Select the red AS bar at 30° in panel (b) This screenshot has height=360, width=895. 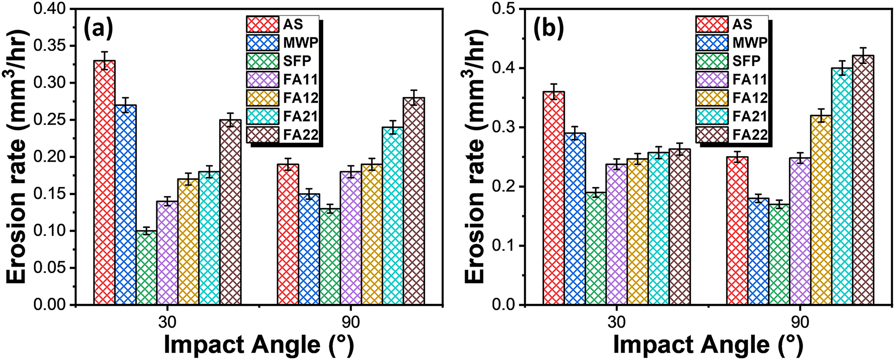point(554,198)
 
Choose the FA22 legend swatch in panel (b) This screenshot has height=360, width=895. point(712,134)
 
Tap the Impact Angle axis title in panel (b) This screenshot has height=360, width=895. point(708,345)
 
